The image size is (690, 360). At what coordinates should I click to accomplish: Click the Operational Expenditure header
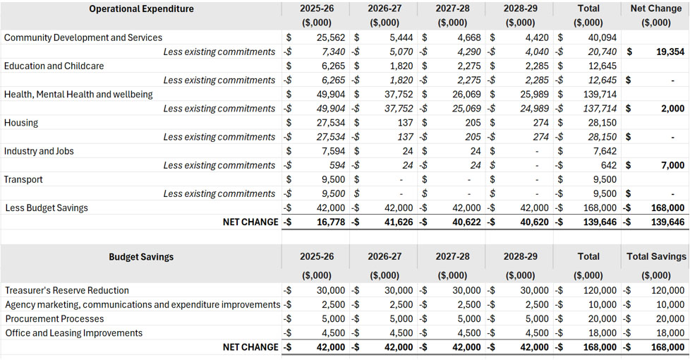(141, 8)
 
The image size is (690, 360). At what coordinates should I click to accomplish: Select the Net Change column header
(655, 8)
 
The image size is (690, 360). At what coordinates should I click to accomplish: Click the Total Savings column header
(656, 256)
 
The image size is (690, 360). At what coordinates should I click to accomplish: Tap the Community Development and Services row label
(83, 37)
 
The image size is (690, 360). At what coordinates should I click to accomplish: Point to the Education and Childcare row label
(54, 66)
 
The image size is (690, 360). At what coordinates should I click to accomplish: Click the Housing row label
(21, 123)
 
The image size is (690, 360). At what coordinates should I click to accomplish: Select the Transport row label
(23, 179)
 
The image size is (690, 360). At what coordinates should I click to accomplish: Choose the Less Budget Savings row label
(47, 208)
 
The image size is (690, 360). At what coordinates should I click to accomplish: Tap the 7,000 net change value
(673, 165)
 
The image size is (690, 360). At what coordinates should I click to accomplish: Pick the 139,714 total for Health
(600, 94)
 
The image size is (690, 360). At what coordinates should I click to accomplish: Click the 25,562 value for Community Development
(331, 37)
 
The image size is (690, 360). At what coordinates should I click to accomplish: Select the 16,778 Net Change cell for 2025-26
(331, 222)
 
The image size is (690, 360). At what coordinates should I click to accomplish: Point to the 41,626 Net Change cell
(399, 222)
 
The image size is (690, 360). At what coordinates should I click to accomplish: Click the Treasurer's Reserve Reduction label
(67, 290)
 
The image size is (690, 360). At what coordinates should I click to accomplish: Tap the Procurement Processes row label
(54, 318)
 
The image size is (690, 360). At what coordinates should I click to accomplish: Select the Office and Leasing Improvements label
(74, 333)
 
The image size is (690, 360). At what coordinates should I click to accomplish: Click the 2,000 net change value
(673, 109)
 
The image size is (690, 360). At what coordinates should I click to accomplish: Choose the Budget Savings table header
(141, 257)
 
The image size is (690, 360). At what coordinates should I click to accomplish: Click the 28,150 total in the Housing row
(603, 123)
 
